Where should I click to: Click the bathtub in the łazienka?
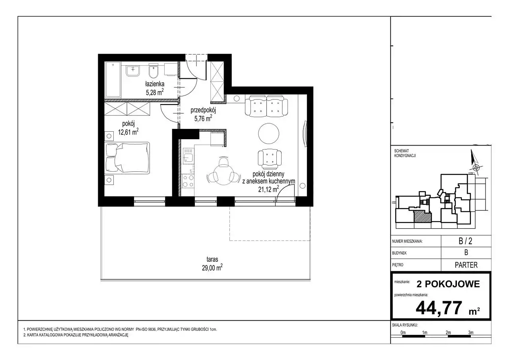tap(113, 80)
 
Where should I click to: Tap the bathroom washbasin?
tap(133, 71)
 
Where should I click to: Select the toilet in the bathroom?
tap(153, 71)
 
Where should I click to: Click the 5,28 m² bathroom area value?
tap(155, 92)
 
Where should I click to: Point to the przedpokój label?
tap(203, 111)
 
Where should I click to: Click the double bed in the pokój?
tap(127, 158)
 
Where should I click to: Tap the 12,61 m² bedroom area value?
tap(128, 132)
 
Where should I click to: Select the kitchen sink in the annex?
tap(188, 156)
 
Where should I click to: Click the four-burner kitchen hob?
tap(188, 181)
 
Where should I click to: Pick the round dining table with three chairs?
tap(223, 174)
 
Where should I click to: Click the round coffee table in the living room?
tap(268, 133)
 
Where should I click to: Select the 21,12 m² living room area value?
tap(268, 189)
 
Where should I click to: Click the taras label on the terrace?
tap(212, 259)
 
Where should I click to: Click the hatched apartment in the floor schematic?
tap(422, 216)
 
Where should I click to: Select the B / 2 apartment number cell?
tap(466, 241)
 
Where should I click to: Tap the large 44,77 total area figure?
tap(439, 308)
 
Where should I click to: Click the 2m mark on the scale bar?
tap(448, 333)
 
